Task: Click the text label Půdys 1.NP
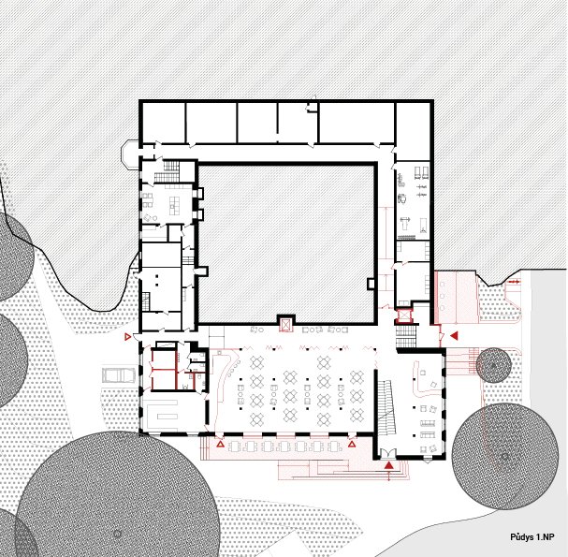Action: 532,537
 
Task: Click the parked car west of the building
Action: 119,375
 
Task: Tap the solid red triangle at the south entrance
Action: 389,465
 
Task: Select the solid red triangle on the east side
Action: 454,335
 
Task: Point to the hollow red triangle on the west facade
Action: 127,337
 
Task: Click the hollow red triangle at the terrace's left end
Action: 220,445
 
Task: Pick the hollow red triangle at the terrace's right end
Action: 352,445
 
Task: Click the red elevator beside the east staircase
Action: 403,315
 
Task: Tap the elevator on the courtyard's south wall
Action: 286,324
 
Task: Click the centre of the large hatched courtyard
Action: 286,243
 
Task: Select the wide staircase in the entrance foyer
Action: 386,407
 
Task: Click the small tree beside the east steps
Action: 493,365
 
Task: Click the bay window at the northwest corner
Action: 130,155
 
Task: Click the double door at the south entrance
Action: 389,454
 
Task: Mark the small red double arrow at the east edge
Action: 514,281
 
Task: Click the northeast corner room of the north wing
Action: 413,131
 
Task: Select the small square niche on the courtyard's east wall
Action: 371,284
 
